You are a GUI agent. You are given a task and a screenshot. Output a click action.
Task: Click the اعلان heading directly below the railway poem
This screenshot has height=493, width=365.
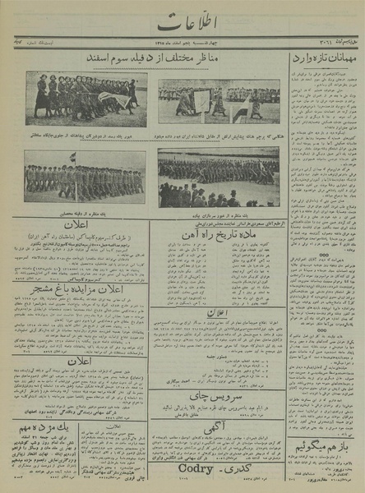coord(216,313)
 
